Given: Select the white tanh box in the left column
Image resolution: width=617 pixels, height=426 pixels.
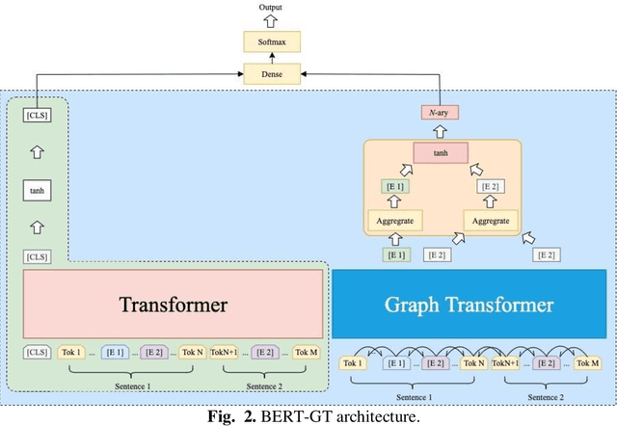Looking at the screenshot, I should (38, 191).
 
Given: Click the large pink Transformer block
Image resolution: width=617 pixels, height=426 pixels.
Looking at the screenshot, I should (174, 305).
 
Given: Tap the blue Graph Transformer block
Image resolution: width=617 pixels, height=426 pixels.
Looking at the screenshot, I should (470, 306).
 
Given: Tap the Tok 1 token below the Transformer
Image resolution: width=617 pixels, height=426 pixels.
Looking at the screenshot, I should (73, 353).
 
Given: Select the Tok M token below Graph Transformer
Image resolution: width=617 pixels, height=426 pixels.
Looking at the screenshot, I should (586, 362).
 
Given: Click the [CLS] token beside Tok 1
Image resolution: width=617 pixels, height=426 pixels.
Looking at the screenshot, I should (38, 353).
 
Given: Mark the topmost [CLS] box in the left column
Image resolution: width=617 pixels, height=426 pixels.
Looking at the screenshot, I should (38, 117).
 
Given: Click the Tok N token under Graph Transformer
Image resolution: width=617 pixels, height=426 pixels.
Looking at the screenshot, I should (472, 362).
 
